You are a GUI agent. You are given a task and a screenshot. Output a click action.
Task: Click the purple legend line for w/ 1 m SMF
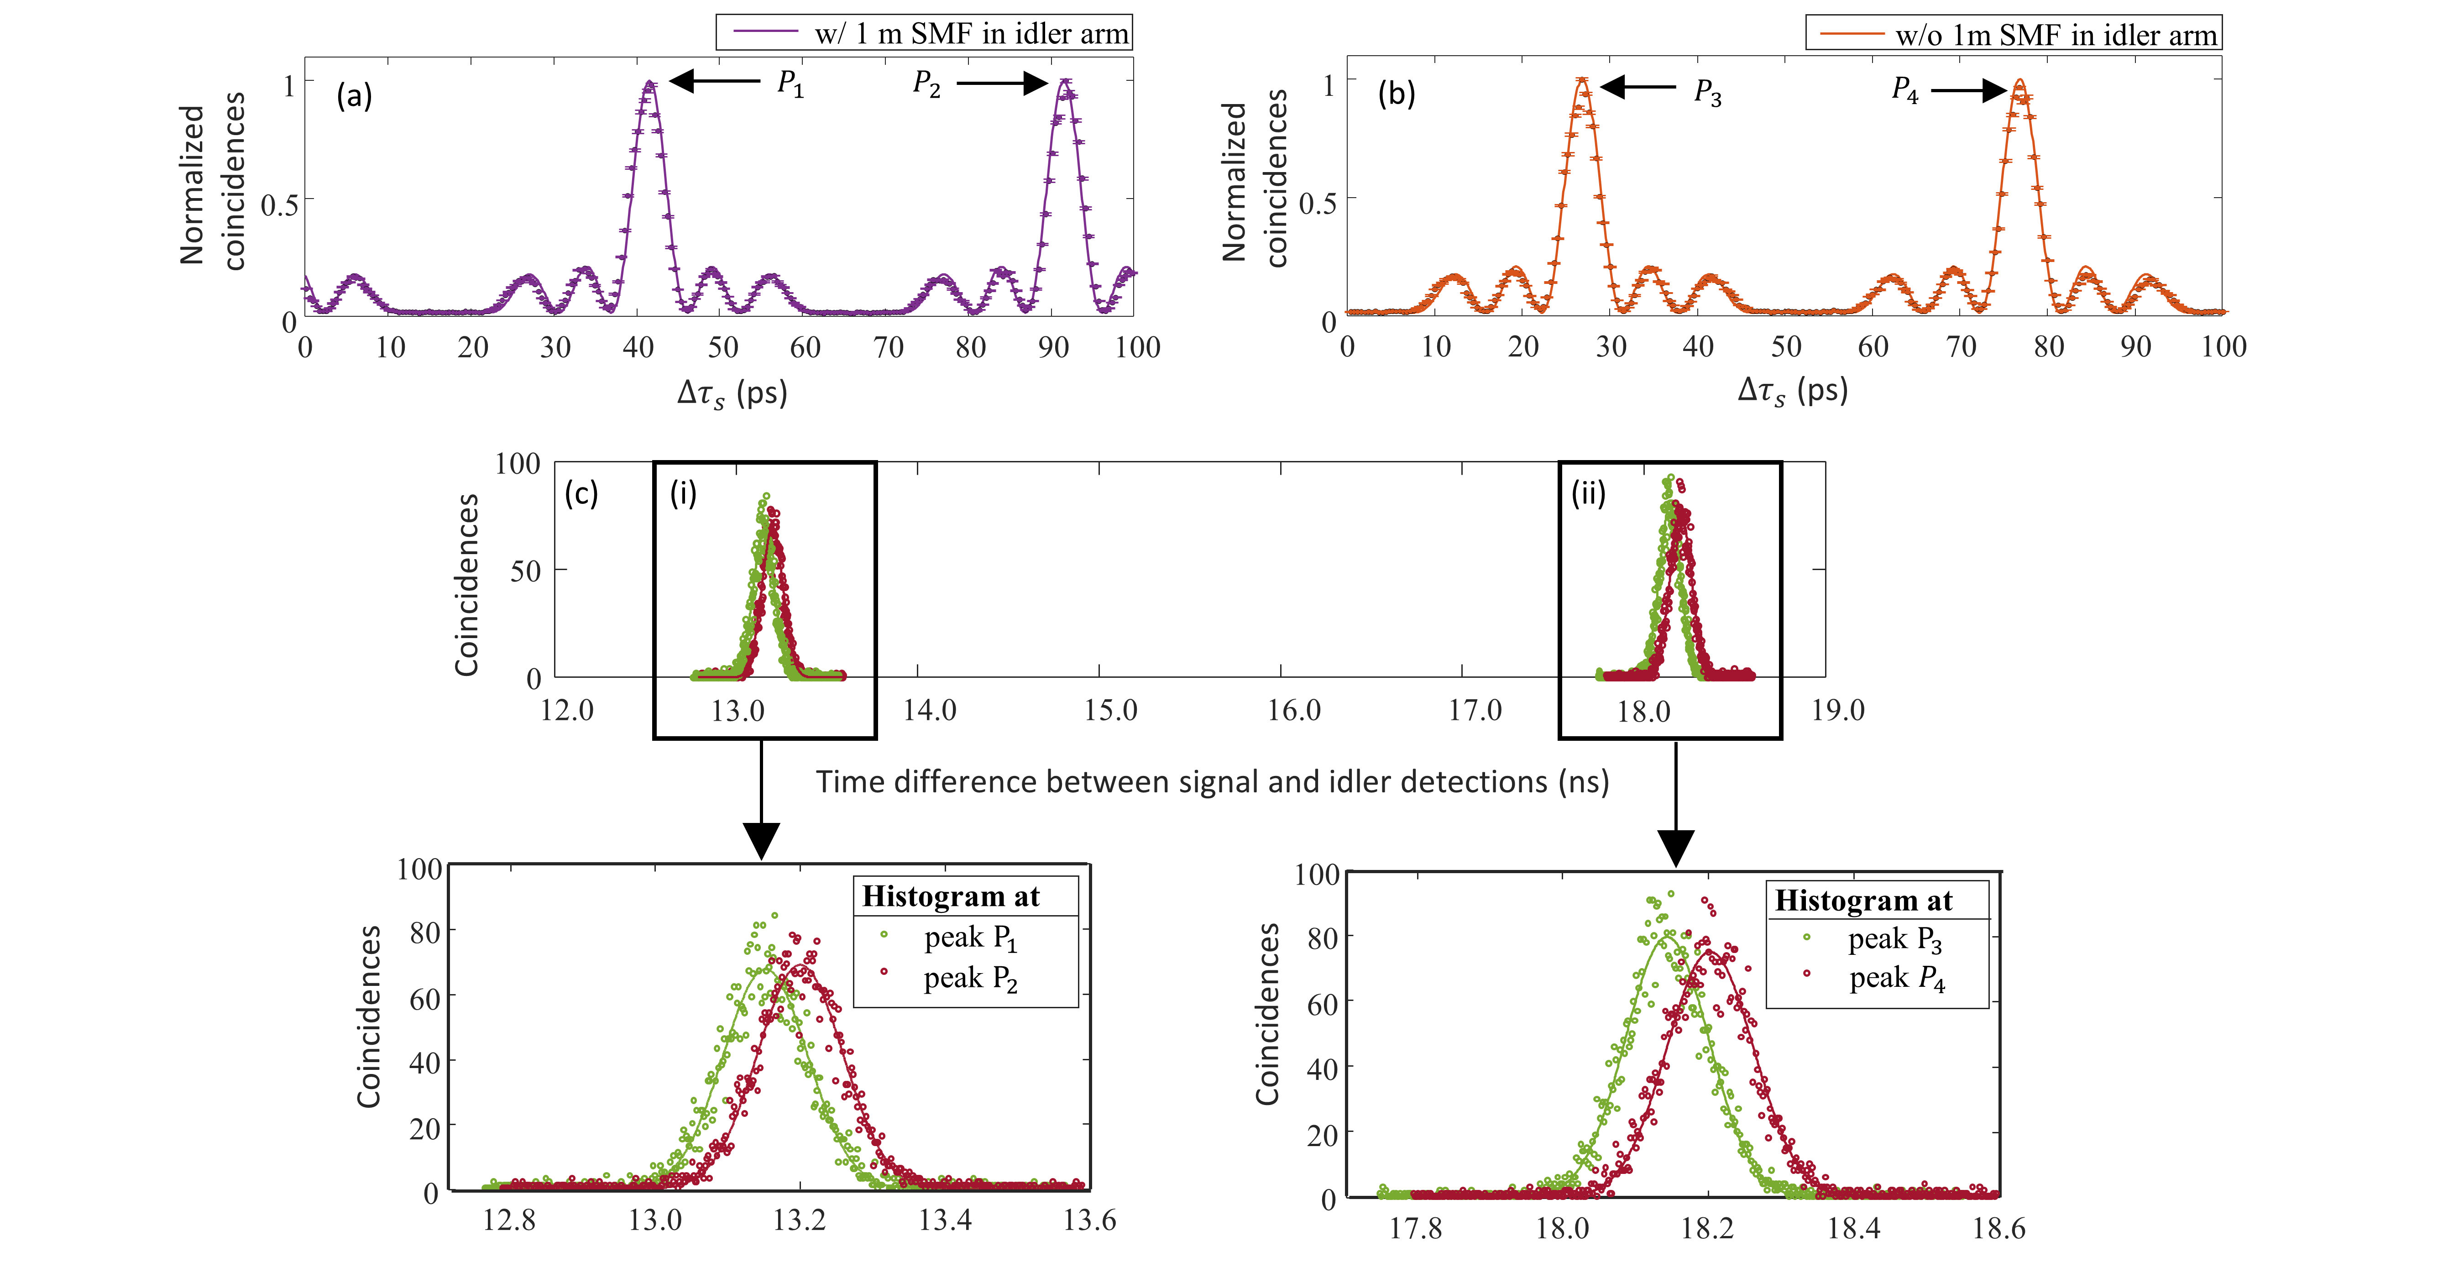coord(765,32)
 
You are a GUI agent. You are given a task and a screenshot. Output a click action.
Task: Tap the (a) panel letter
coord(354,96)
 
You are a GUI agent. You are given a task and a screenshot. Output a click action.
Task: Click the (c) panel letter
coord(581,493)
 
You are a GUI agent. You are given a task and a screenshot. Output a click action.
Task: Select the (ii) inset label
coord(1588,493)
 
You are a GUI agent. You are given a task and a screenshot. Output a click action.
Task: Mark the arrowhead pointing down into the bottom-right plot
coord(1676,848)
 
